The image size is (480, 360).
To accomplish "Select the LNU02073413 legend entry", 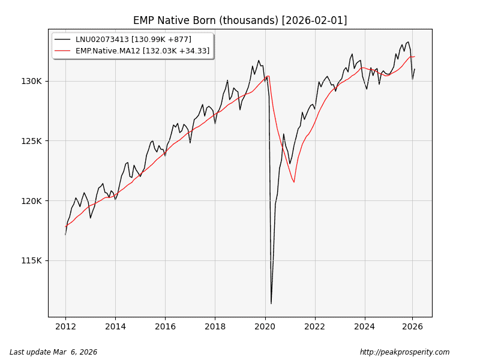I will (x=133, y=40).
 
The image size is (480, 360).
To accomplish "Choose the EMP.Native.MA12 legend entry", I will (x=142, y=51).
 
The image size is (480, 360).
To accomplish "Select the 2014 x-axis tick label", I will (x=116, y=327).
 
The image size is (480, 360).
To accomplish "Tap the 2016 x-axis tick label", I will (x=166, y=327).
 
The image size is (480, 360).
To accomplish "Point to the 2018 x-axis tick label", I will (x=215, y=327).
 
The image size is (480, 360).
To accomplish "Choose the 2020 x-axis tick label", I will (x=265, y=327).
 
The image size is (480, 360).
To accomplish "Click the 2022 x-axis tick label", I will (x=314, y=327).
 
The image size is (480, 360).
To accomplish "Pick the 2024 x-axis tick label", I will (x=364, y=327).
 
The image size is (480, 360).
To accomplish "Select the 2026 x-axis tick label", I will (x=413, y=327).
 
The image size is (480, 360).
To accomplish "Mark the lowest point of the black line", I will (x=271, y=303).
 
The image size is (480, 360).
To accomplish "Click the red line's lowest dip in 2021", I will (x=294, y=182).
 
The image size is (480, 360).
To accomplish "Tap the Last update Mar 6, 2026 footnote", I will (x=53, y=352).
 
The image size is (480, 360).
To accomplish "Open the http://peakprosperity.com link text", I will (x=404, y=352).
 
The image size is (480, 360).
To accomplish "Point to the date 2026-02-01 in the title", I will (x=314, y=20).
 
